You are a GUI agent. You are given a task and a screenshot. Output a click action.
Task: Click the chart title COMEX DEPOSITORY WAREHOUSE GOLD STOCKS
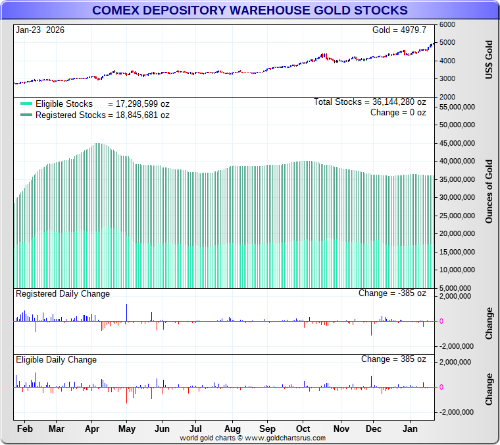pyautogui.click(x=249, y=11)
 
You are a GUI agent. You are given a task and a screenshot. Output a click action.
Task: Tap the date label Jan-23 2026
pyautogui.click(x=40, y=30)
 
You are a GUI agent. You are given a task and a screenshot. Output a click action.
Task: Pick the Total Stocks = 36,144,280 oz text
pyautogui.click(x=370, y=102)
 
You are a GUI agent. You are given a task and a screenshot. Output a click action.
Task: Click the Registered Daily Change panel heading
pyautogui.click(x=63, y=293)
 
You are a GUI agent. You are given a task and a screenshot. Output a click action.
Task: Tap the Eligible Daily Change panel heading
pyautogui.click(x=57, y=359)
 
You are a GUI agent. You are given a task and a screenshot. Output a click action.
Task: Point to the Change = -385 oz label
pyautogui.click(x=392, y=293)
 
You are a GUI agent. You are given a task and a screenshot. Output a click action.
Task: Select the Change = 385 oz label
pyautogui.click(x=393, y=359)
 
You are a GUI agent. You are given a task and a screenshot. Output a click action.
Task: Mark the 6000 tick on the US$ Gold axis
pyautogui.click(x=447, y=24)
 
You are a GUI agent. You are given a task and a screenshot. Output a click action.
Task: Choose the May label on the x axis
pyautogui.click(x=126, y=429)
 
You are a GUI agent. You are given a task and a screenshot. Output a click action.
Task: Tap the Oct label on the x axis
pyautogui.click(x=303, y=429)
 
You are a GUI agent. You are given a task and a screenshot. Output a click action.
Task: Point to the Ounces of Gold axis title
pyautogui.click(x=489, y=191)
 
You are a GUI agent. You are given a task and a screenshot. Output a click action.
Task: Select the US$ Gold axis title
pyautogui.click(x=489, y=60)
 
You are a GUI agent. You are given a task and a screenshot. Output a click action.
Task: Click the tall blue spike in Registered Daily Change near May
pyautogui.click(x=126, y=312)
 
